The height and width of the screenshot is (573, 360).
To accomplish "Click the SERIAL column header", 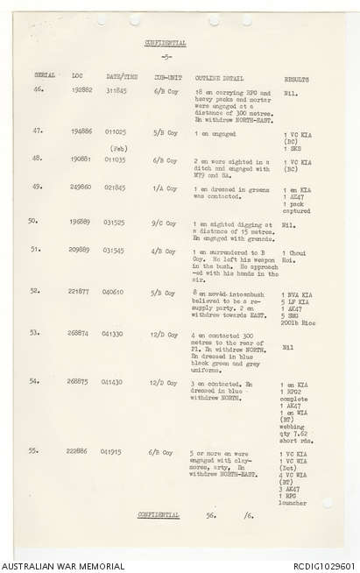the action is click(44, 76).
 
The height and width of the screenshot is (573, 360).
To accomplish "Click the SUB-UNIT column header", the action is click(166, 76).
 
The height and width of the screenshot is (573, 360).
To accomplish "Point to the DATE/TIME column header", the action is click(116, 76).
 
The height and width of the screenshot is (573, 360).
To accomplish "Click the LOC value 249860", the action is click(82, 187).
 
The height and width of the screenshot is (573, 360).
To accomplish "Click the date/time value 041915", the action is click(111, 452).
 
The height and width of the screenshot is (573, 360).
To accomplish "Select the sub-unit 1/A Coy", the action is click(166, 187).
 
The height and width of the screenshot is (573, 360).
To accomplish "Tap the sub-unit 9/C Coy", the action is click(166, 223).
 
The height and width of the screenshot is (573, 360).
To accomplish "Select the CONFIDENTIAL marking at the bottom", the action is click(159, 515).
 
